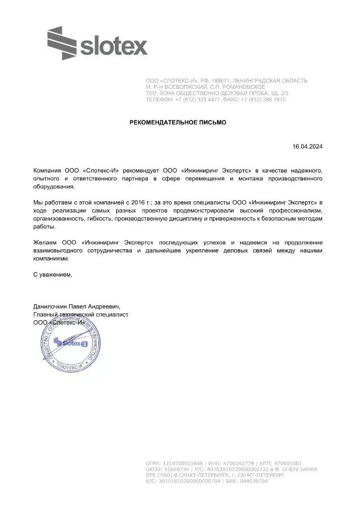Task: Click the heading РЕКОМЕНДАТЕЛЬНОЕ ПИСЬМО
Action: click(x=178, y=122)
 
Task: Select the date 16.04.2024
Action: click(x=307, y=146)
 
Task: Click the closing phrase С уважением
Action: click(x=53, y=274)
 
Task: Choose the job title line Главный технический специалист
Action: click(x=81, y=314)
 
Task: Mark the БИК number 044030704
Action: click(x=250, y=481)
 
